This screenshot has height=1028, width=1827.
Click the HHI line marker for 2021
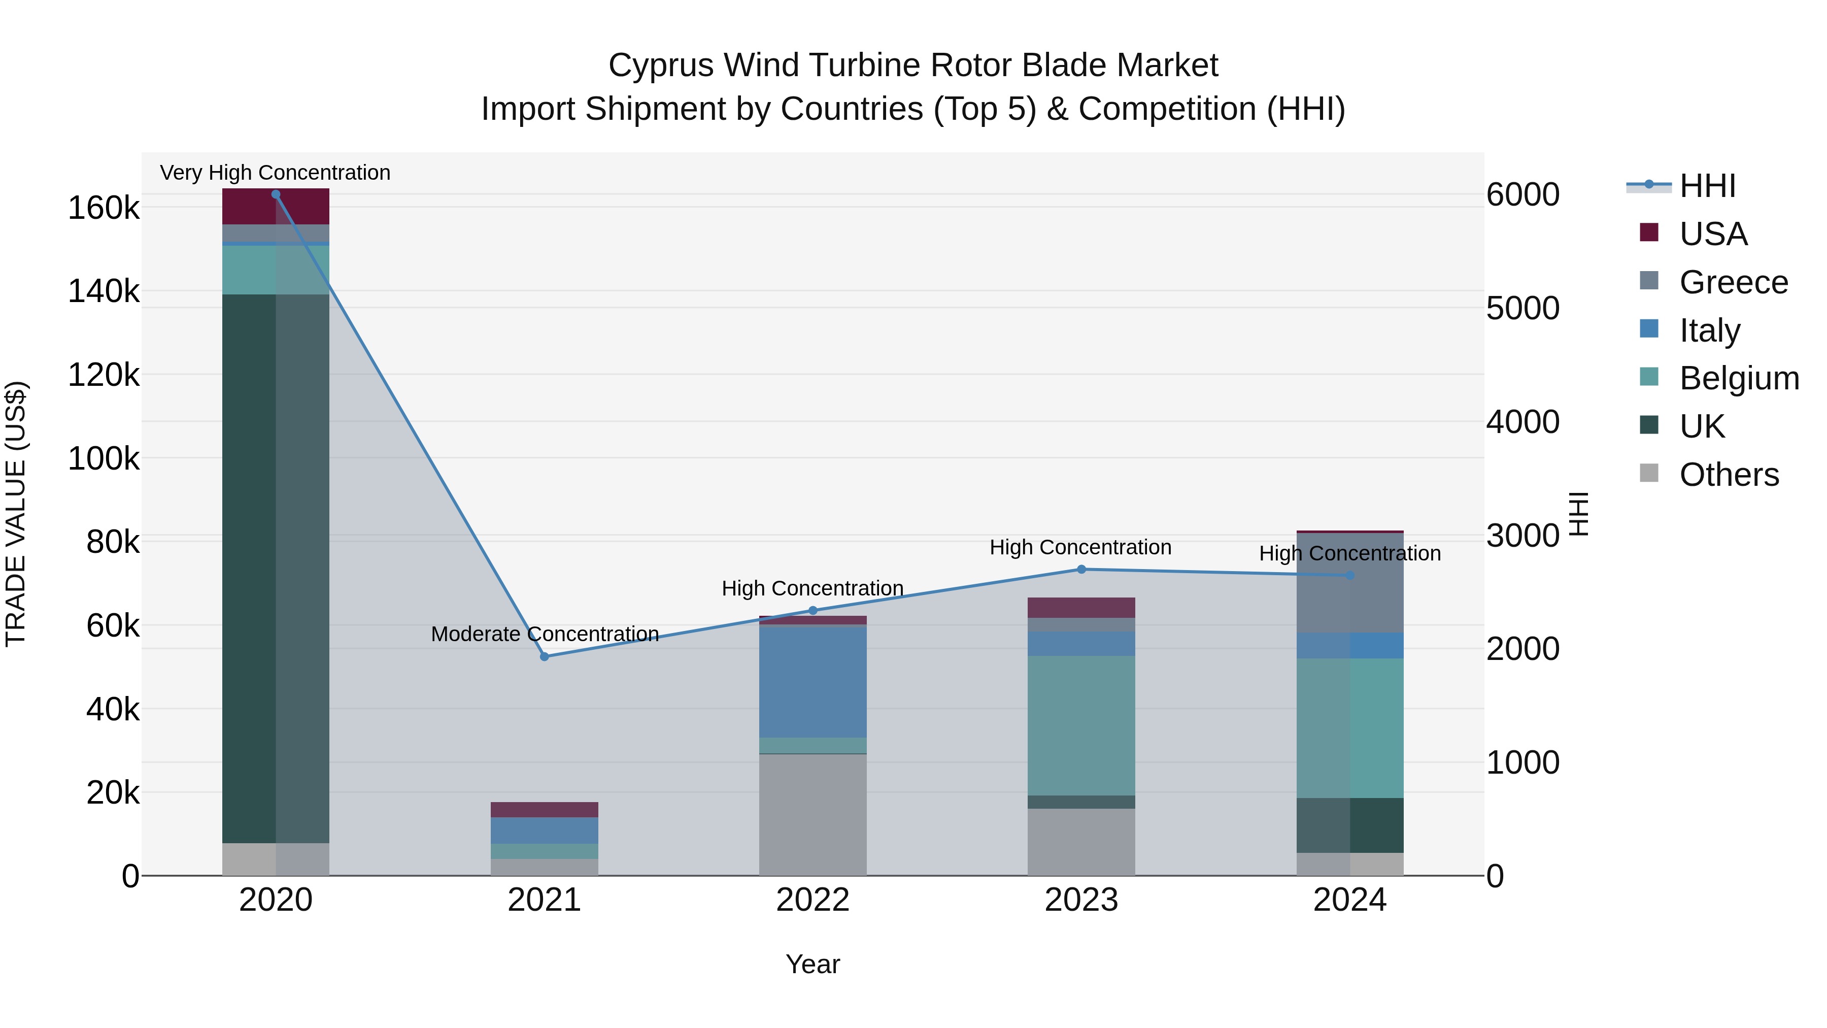pyautogui.click(x=544, y=656)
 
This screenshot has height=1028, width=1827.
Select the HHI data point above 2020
pyautogui.click(x=276, y=194)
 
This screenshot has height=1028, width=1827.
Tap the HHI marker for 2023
pyautogui.click(x=1081, y=569)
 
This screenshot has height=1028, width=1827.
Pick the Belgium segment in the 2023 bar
pyautogui.click(x=1081, y=725)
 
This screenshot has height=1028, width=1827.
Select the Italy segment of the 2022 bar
pyautogui.click(x=813, y=682)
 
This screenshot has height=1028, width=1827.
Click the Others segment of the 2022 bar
pyautogui.click(x=813, y=814)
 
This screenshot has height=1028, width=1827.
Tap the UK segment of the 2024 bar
pyautogui.click(x=1349, y=825)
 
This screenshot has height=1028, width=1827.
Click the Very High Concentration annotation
pyautogui.click(x=275, y=173)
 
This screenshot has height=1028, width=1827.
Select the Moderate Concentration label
pyautogui.click(x=545, y=634)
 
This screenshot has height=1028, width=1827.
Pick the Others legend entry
pyautogui.click(x=1729, y=475)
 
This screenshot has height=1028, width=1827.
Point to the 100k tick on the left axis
pyautogui.click(x=104, y=459)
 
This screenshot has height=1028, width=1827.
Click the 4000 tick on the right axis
pyautogui.click(x=1522, y=422)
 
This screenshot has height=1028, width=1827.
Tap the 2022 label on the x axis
pyautogui.click(x=813, y=900)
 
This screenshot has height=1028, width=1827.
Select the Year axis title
pyautogui.click(x=813, y=964)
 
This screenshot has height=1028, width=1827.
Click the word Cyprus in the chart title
pyautogui.click(x=660, y=65)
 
